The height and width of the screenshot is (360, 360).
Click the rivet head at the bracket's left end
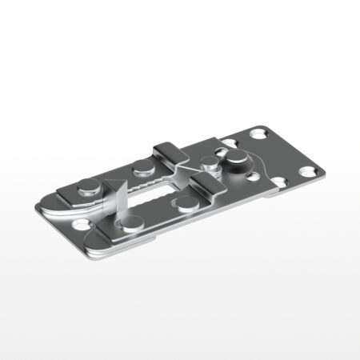pos(87,190)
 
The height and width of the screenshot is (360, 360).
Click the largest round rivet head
pos(238,159)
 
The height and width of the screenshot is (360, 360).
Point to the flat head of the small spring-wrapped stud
pos(210,166)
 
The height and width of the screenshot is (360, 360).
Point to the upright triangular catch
pos(118,200)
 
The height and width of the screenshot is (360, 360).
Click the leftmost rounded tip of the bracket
pos(37,206)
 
